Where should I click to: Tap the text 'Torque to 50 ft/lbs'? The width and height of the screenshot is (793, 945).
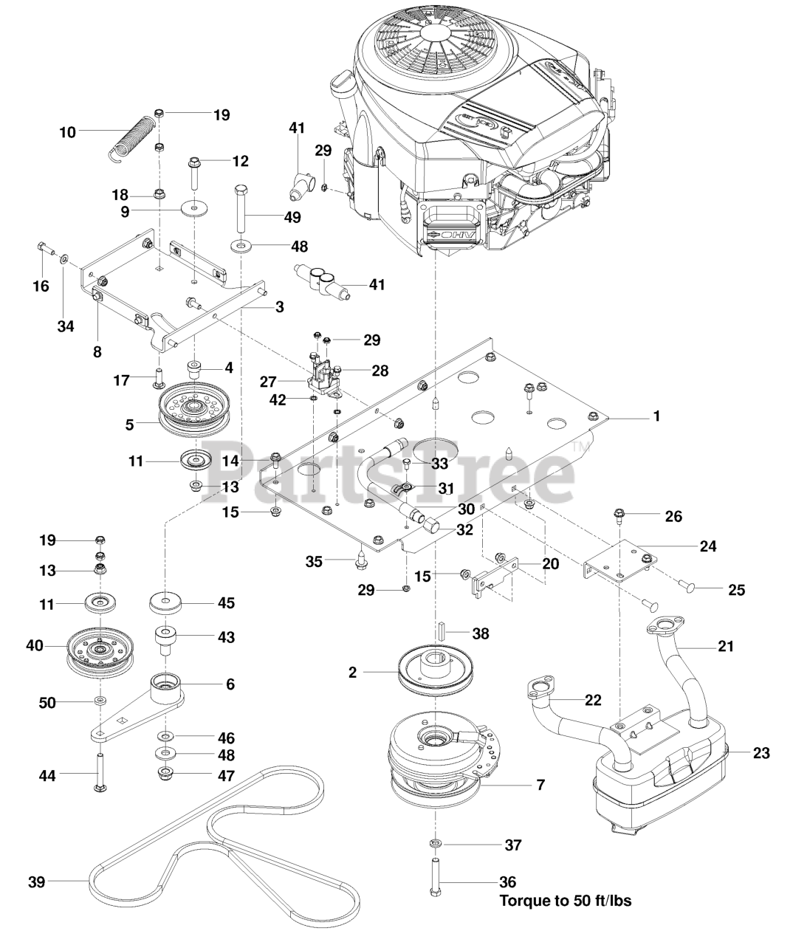click(565, 901)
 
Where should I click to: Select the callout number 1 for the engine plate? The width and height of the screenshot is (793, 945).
click(656, 416)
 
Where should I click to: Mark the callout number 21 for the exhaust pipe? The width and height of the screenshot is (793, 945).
click(726, 646)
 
